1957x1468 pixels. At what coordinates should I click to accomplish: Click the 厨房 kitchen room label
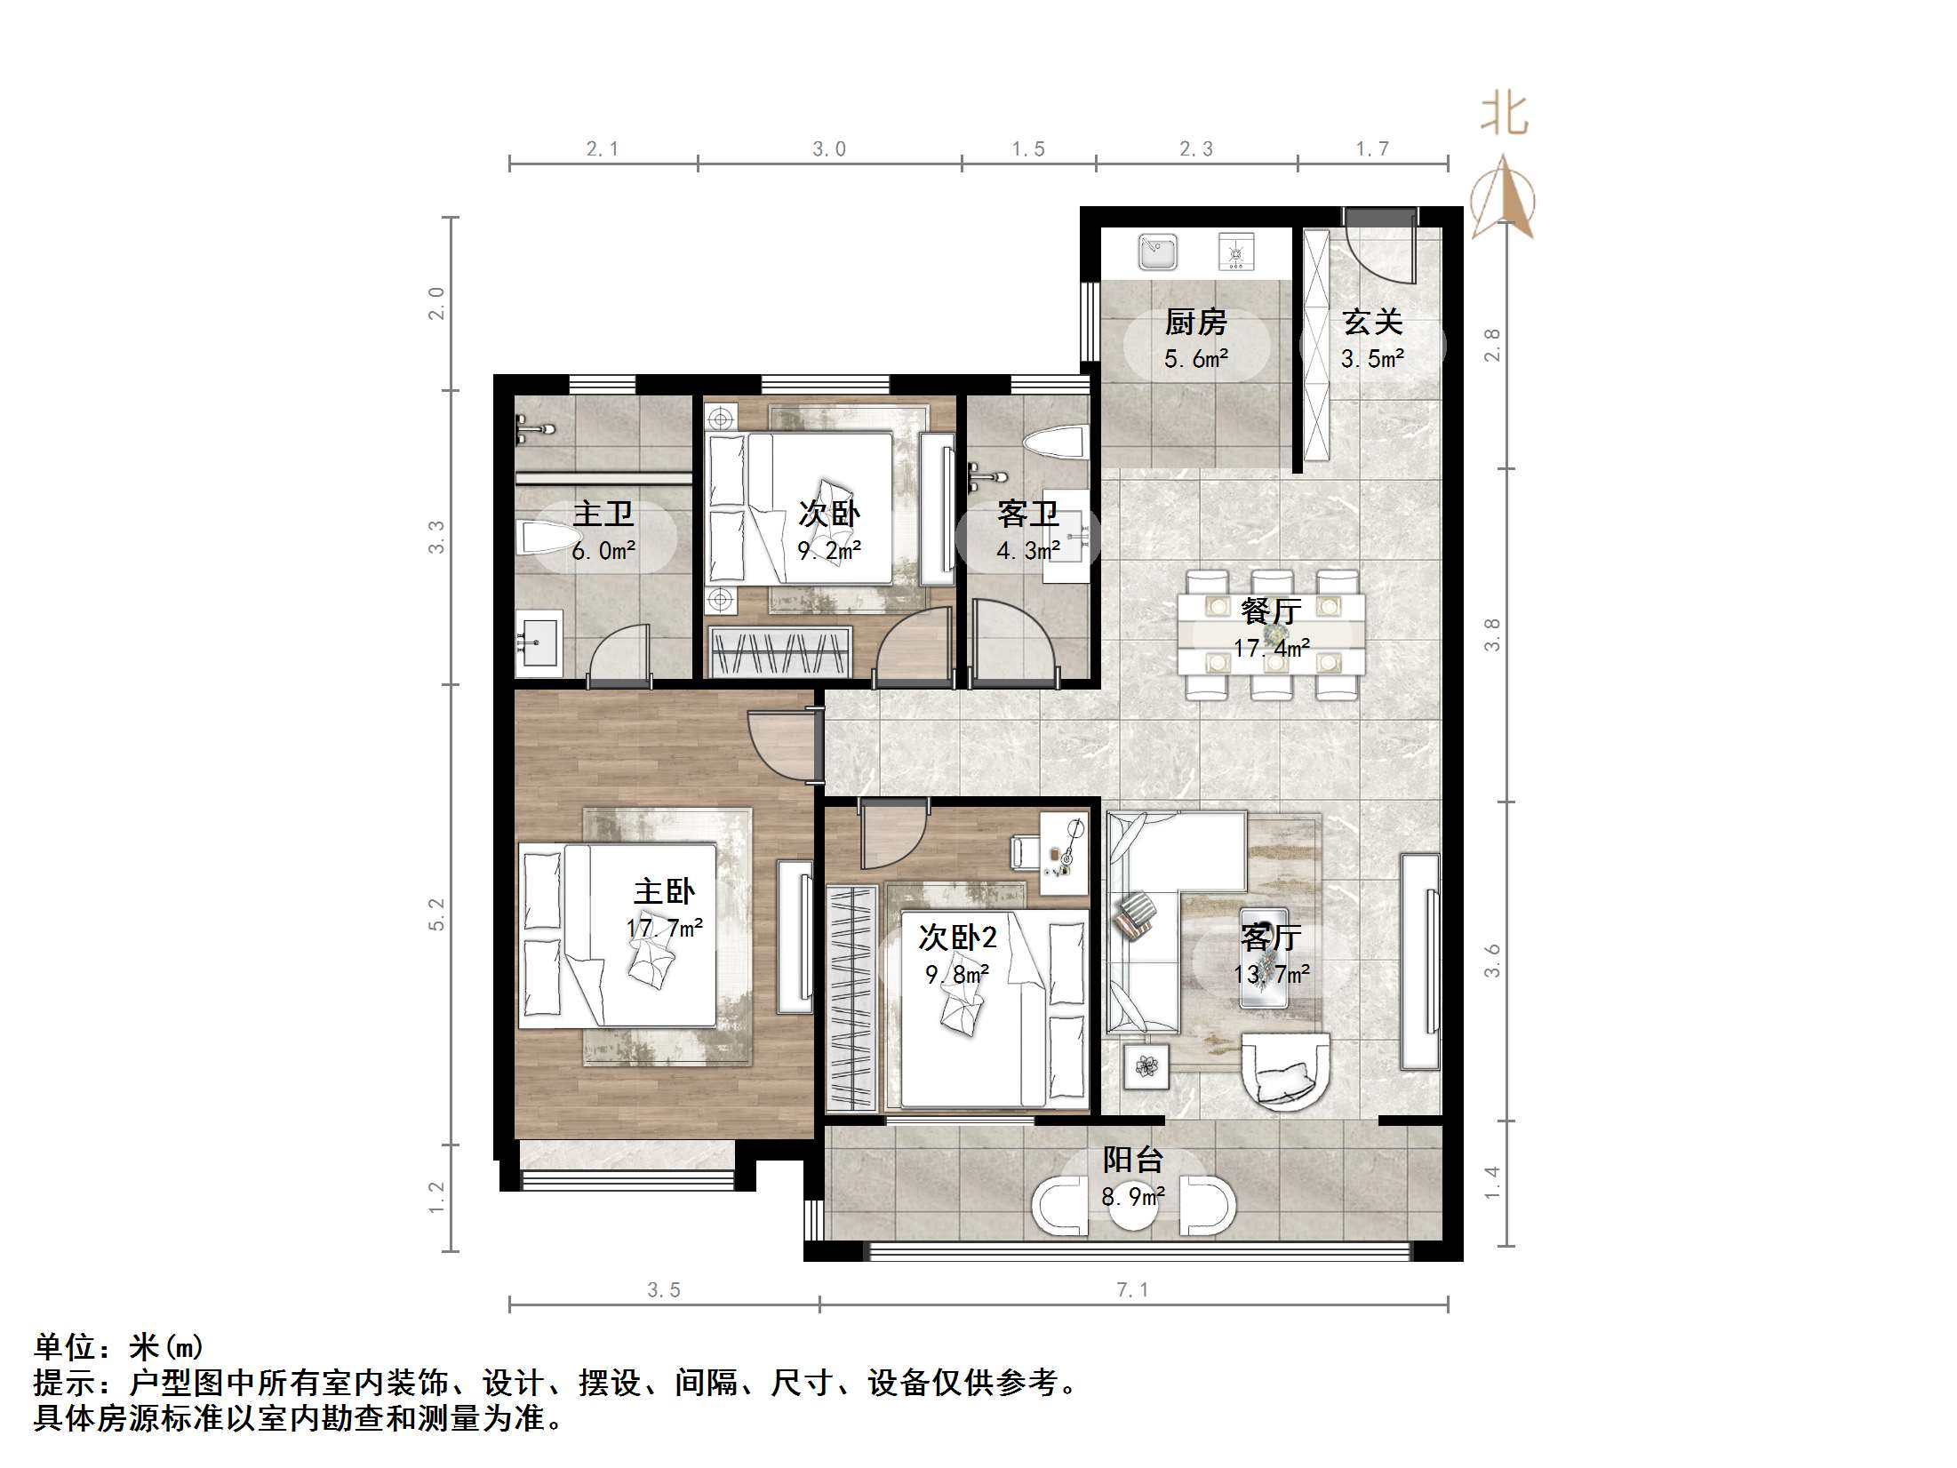coord(1195,322)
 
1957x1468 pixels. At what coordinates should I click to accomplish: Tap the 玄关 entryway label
coord(1372,322)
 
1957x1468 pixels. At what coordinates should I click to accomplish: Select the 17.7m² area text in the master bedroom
coord(664,929)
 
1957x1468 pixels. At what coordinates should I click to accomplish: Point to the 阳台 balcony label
coord(1132,1160)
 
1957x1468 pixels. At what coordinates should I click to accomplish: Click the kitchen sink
coord(1157,252)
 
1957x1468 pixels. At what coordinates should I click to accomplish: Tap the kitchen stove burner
coord(1235,252)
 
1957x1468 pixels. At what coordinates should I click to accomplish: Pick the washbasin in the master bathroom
coord(539,637)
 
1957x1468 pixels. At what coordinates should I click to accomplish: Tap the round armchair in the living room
coord(1285,1081)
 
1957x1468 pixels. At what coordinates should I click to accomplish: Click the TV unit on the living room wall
coord(1419,961)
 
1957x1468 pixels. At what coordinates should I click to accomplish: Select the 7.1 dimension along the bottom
coord(1132,1290)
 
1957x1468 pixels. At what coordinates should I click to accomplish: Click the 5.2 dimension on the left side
coord(436,914)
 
